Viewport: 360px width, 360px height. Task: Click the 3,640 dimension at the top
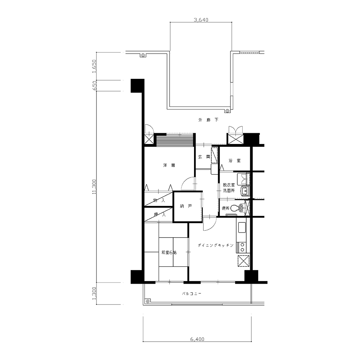(201, 20)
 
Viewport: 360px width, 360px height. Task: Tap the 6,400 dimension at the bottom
(197, 339)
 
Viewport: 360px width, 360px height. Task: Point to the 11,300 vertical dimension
(94, 186)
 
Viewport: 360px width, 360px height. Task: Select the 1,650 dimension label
(94, 66)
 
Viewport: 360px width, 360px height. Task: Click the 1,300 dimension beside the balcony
(94, 293)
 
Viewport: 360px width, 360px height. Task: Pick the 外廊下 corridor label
(208, 120)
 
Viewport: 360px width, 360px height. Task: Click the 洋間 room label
(169, 165)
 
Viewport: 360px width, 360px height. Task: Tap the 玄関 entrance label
(204, 157)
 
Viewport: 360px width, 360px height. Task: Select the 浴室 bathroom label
(235, 161)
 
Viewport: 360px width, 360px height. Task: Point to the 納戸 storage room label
(186, 206)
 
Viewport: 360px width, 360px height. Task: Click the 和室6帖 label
(169, 252)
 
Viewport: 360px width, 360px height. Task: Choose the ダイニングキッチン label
(216, 245)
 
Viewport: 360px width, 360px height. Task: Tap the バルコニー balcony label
(192, 293)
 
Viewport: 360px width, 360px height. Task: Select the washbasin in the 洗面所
(245, 190)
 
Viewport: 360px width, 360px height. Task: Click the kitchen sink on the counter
(242, 227)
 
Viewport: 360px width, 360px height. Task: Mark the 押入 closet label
(160, 215)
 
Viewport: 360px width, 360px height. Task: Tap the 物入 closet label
(159, 200)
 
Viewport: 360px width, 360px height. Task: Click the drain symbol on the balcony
(148, 301)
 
